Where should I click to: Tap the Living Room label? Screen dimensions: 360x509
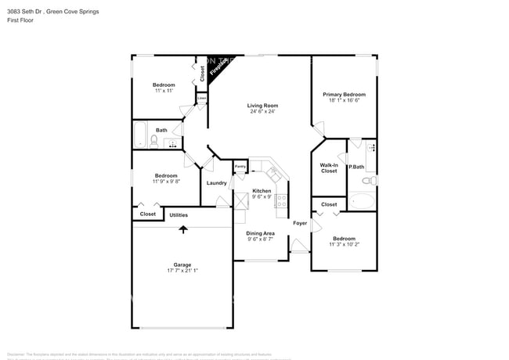(x=262, y=106)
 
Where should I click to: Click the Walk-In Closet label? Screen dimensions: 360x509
(x=329, y=167)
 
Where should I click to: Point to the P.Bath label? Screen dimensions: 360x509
(x=356, y=167)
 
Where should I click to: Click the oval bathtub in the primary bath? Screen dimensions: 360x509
(x=362, y=200)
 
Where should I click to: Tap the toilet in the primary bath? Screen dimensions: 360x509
(x=373, y=181)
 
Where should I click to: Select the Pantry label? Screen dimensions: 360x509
(x=240, y=167)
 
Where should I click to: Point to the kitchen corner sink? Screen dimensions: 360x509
(x=276, y=172)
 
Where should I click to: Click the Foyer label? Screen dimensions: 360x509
(x=300, y=223)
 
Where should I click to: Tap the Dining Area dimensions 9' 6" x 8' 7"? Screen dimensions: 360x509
(x=261, y=239)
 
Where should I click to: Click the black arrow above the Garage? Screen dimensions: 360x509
(x=184, y=229)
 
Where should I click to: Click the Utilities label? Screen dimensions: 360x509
(x=179, y=214)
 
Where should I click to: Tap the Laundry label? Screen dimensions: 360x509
(x=217, y=183)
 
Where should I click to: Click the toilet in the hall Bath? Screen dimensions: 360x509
(x=154, y=141)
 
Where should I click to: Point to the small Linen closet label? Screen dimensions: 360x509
(x=201, y=99)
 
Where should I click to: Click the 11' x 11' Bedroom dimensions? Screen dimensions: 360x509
(x=164, y=91)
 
